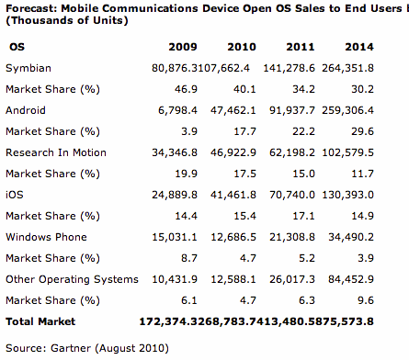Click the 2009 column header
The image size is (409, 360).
(x=183, y=47)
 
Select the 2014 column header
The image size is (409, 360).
(x=359, y=47)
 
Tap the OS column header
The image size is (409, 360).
(x=17, y=47)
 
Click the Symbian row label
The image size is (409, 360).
(x=28, y=68)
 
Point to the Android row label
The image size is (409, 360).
(x=26, y=110)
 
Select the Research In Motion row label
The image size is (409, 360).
(x=56, y=152)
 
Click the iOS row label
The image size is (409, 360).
(x=15, y=195)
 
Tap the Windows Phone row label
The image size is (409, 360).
(x=46, y=237)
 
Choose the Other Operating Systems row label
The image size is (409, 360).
(x=72, y=279)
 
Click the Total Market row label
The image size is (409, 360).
(x=40, y=321)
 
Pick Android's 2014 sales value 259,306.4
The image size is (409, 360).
(x=347, y=110)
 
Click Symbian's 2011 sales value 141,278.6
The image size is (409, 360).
(x=289, y=68)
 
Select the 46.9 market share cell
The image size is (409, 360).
(x=186, y=89)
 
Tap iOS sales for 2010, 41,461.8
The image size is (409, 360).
(x=233, y=195)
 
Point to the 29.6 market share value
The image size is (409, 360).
(x=362, y=131)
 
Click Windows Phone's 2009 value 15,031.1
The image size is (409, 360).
(x=175, y=237)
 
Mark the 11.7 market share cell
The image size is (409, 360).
(x=362, y=174)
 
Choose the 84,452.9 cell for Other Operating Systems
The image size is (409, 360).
(x=351, y=279)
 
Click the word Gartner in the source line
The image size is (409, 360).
(x=71, y=348)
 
